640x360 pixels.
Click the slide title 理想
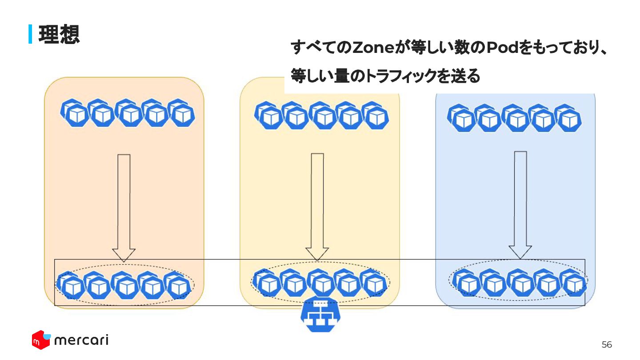pos(59,34)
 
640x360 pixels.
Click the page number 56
pos(607,344)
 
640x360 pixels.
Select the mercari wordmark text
pos(81,340)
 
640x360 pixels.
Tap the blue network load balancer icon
pos(320,316)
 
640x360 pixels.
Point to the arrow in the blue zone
pos(520,204)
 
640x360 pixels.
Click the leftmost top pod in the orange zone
pos(73,112)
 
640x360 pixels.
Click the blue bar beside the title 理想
pos(30,34)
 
